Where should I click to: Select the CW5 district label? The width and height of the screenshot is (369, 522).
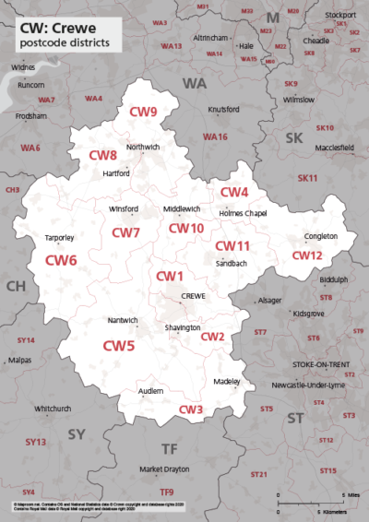pyautogui.click(x=118, y=347)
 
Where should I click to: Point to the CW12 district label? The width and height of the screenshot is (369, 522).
pyautogui.click(x=307, y=255)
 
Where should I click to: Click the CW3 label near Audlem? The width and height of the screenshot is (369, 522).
pyautogui.click(x=191, y=409)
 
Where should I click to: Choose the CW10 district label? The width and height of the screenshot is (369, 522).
pyautogui.click(x=185, y=228)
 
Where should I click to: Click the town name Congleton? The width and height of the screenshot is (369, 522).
pyautogui.click(x=321, y=236)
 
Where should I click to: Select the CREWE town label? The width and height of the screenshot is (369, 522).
pyautogui.click(x=193, y=295)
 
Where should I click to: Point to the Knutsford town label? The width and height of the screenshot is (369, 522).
pyautogui.click(x=223, y=110)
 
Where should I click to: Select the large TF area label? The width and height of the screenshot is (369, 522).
pyautogui.click(x=169, y=449)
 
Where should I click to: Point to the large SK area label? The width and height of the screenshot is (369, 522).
pyautogui.click(x=293, y=137)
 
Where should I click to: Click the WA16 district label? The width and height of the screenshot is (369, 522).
pyautogui.click(x=216, y=137)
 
